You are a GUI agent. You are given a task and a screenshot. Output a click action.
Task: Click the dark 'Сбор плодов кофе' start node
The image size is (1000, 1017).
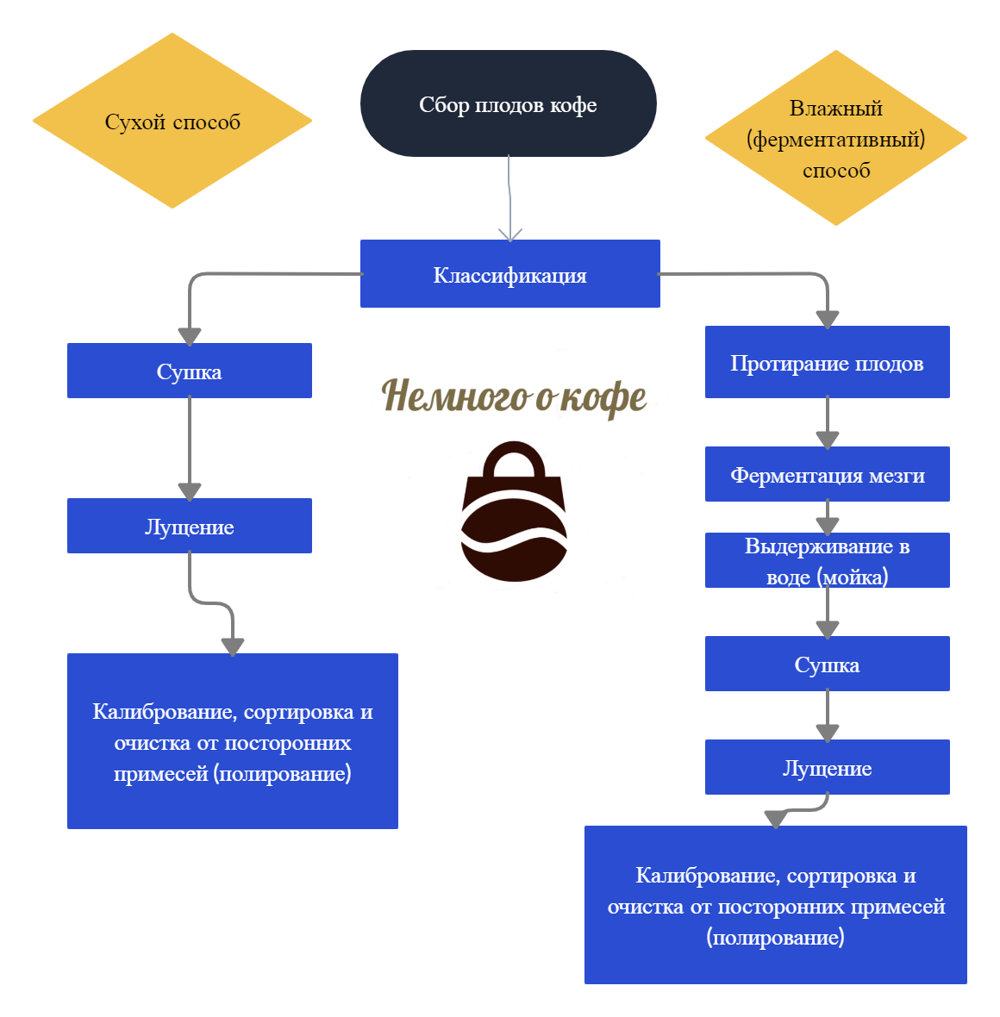pyautogui.click(x=508, y=103)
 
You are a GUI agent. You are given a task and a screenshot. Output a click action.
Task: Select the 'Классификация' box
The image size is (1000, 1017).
pyautogui.click(x=509, y=274)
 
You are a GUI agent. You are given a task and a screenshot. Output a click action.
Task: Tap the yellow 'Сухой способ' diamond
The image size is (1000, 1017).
pyautogui.click(x=172, y=121)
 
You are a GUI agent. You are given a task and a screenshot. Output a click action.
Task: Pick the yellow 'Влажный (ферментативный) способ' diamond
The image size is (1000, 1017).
pyautogui.click(x=835, y=138)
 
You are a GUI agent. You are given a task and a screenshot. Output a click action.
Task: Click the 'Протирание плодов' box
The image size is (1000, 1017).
pyautogui.click(x=827, y=362)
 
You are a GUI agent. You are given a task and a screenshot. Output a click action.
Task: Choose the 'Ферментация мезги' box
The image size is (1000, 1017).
pyautogui.click(x=827, y=474)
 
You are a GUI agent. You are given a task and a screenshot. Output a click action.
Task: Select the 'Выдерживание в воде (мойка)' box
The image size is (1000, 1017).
pyautogui.click(x=827, y=560)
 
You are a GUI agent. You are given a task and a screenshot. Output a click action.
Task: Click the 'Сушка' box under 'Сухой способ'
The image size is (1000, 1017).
pyautogui.click(x=189, y=371)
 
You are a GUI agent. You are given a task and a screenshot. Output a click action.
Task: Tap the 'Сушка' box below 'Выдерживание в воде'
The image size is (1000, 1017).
pyautogui.click(x=827, y=664)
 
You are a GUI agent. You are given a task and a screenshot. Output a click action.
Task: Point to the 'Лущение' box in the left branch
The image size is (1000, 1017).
pyautogui.click(x=189, y=526)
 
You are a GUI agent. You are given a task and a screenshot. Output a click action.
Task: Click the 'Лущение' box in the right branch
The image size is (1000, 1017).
pyautogui.click(x=827, y=767)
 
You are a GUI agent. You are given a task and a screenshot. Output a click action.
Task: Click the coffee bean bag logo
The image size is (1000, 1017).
pyautogui.click(x=515, y=517)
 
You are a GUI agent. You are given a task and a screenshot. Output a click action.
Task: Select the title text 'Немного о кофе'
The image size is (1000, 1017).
pyautogui.click(x=514, y=396)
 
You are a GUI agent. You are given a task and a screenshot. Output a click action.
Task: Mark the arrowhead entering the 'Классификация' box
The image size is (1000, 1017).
pyautogui.click(x=510, y=234)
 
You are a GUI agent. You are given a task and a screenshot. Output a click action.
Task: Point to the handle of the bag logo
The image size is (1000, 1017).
pyautogui.click(x=515, y=457)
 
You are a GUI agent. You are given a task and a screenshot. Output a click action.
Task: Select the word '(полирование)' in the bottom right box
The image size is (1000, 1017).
pyautogui.click(x=775, y=937)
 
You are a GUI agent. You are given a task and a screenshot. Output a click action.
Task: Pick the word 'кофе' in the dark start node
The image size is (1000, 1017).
pyautogui.click(x=573, y=105)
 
